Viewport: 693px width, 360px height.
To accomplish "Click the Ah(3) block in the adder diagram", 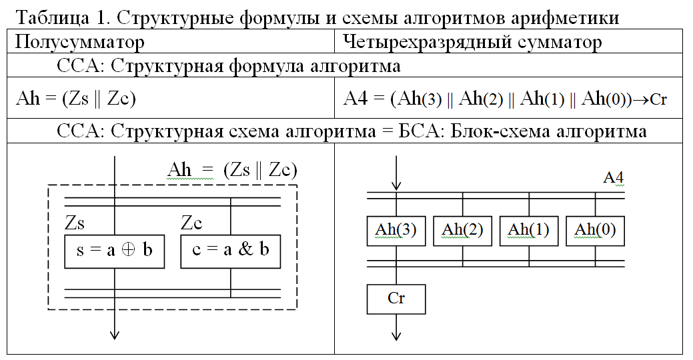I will [396, 231].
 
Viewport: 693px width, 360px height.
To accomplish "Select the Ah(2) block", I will [462, 231].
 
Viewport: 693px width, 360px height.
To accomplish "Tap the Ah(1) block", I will [528, 231].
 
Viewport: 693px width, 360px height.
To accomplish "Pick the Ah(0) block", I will [595, 231].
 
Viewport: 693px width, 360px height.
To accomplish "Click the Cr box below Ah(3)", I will [396, 299].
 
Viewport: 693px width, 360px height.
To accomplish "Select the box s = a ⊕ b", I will [114, 251].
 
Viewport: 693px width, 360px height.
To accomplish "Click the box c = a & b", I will [230, 251].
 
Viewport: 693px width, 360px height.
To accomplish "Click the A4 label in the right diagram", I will [613, 178].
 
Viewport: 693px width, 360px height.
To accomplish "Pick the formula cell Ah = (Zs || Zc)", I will [75, 99].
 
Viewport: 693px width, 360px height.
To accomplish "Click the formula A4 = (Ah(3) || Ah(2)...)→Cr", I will [506, 99].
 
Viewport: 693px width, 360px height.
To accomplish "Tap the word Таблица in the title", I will [46, 18].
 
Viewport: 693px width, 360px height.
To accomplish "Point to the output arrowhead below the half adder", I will [115, 334].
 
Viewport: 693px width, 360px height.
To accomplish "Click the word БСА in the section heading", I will [426, 131].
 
